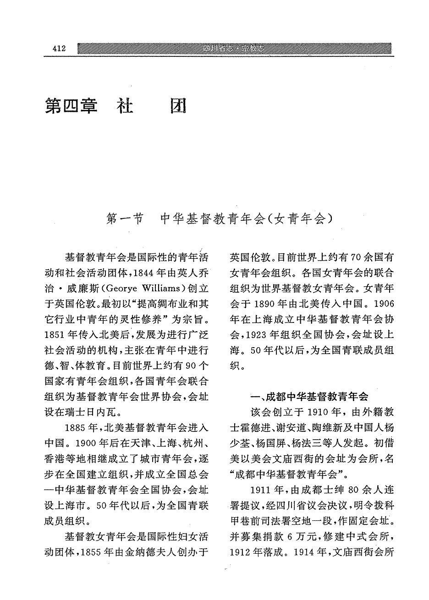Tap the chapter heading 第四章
71,106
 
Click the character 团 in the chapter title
177,106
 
